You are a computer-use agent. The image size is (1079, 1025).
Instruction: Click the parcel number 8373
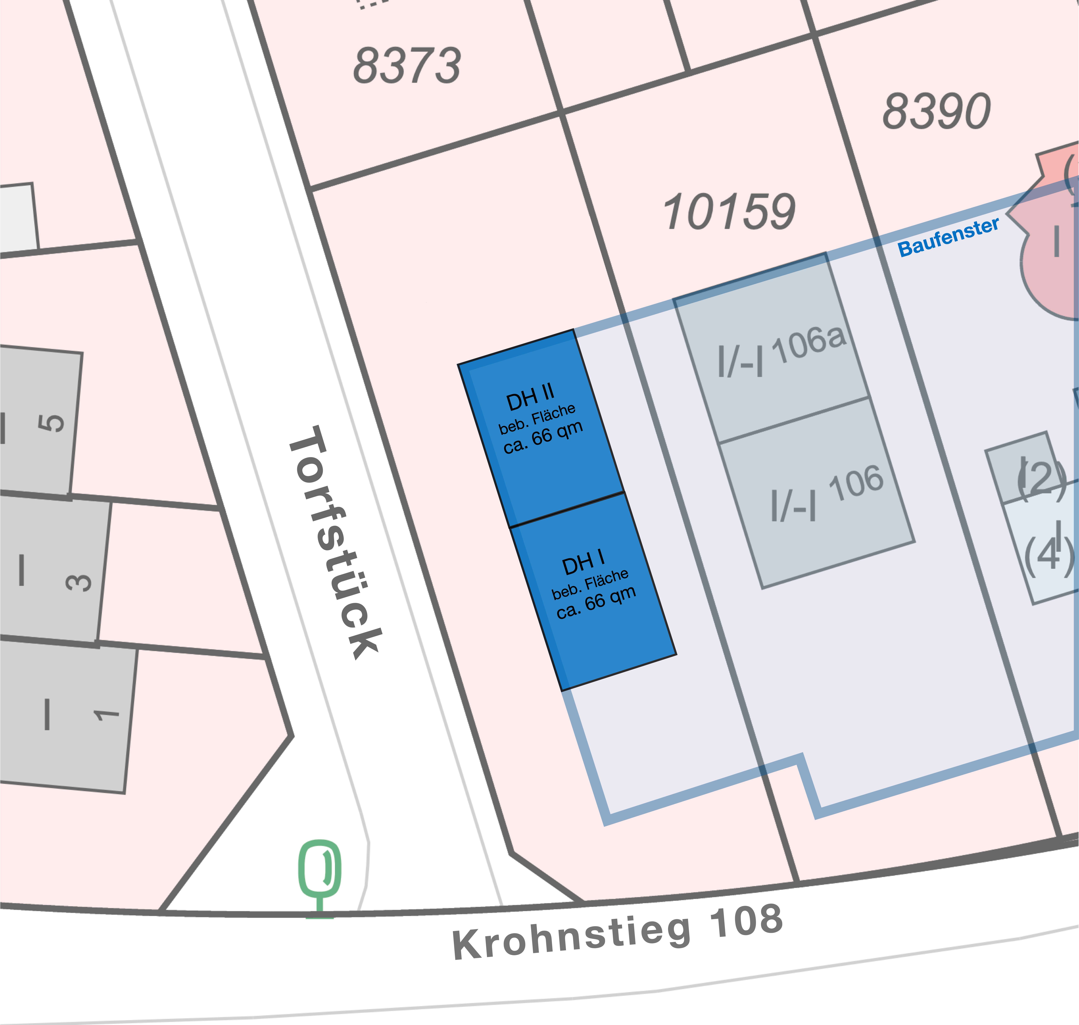[x=407, y=66]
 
